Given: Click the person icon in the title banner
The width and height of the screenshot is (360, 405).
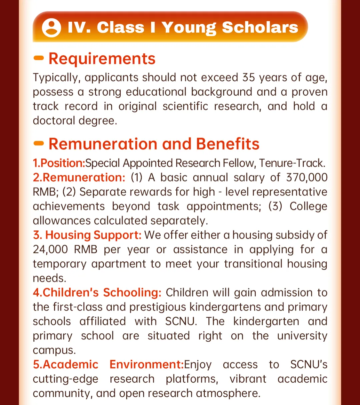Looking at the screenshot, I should tap(51, 28).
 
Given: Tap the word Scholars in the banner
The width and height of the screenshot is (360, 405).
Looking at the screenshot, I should tap(260, 27).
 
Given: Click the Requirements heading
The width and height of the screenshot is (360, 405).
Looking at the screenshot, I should tap(102, 59).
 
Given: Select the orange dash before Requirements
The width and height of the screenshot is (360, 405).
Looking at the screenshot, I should tap(39, 58).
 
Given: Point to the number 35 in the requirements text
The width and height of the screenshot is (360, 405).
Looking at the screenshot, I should tap(249, 77).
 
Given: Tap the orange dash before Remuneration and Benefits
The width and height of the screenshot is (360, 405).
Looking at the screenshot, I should tap(39, 144).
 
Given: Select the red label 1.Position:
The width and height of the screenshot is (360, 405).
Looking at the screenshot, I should tap(59, 163).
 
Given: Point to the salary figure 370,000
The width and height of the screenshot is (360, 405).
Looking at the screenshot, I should tap(307, 178).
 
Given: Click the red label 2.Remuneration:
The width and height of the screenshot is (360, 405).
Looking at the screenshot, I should tap(79, 178).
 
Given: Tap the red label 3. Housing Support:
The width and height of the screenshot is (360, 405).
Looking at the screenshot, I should tap(87, 235).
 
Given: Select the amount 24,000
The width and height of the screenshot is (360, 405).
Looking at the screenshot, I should tap(50, 249).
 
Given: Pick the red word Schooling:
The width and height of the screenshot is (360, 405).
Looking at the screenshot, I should tap(132, 292).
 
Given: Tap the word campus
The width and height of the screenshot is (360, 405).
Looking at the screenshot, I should tap(54, 350).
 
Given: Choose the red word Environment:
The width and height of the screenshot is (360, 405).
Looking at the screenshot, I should tap(147, 364).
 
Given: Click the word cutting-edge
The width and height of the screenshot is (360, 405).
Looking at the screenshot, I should tap(66, 379).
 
